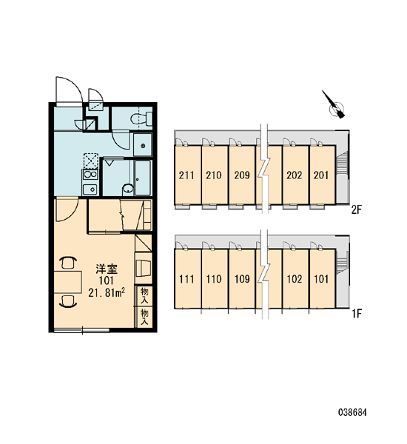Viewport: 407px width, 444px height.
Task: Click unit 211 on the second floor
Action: coord(186,175)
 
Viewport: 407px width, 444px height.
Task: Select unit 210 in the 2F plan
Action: coord(214,175)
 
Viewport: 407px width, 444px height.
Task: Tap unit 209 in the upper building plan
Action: coord(242,175)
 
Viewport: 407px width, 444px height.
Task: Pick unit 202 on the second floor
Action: coord(295,175)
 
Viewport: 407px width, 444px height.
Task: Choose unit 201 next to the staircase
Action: coord(321,175)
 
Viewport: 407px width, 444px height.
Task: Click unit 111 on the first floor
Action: coord(186,279)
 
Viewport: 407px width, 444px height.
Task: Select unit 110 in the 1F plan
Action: coord(214,279)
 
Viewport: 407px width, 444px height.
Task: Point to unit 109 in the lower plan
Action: coord(242,279)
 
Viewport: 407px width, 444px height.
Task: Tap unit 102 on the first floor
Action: coord(295,279)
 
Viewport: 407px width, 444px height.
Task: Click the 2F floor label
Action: coord(357,210)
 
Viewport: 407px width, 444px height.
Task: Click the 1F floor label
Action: coord(357,314)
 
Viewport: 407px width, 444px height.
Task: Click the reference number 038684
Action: coord(353,412)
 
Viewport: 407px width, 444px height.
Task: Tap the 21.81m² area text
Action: coord(107,293)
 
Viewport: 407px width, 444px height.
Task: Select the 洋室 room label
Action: coord(107,269)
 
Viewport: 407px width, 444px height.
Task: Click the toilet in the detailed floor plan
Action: coord(141,119)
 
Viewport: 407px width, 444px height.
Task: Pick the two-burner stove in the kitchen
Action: coord(90,175)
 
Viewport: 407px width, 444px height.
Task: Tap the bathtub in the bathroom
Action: coord(142,178)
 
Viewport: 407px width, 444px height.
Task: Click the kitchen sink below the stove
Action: coord(90,189)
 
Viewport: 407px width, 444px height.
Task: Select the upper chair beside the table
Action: coord(68,263)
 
